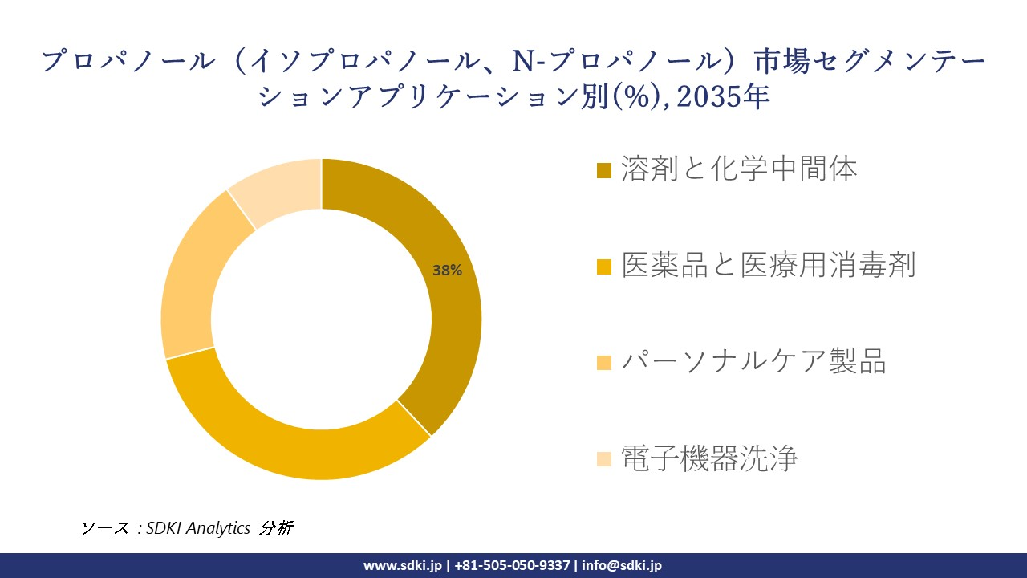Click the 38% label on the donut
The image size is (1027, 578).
447,271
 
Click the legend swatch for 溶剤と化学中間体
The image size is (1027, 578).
604,170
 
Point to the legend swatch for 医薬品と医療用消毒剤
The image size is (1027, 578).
604,267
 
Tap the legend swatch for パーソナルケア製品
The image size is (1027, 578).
604,363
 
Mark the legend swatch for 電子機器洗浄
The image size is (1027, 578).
604,459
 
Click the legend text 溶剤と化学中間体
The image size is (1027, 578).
739,169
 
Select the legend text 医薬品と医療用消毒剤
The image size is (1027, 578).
768,266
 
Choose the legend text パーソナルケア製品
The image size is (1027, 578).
753,362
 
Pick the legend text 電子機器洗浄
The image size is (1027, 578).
709,458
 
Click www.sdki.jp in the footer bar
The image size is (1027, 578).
403,565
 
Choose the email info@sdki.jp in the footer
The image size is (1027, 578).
622,565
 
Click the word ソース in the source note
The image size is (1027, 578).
105,528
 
